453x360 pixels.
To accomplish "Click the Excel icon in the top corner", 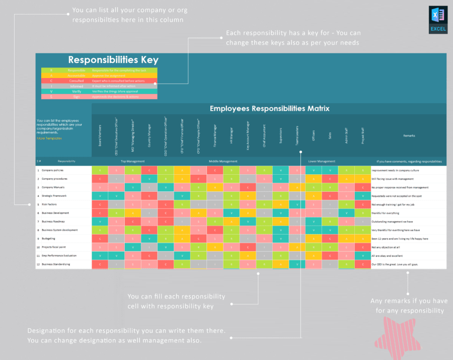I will click(438, 20).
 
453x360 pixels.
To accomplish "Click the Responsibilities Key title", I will click(113, 60).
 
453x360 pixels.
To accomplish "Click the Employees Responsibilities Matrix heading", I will click(269, 108).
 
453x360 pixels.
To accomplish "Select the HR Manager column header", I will click(231, 135).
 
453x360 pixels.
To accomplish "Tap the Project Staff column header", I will click(362, 136).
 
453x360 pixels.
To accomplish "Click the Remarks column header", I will click(409, 135).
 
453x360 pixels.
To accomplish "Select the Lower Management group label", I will click(322, 162).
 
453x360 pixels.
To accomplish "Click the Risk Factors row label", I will click(51, 204).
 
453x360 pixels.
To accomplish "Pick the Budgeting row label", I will click(48, 239).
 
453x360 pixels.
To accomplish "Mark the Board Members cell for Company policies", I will click(100, 170).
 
